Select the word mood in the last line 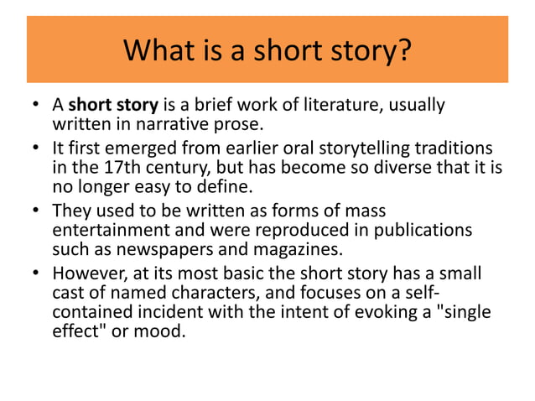point(165,332)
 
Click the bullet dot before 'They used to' point(36,211)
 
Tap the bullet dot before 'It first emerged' point(36,148)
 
